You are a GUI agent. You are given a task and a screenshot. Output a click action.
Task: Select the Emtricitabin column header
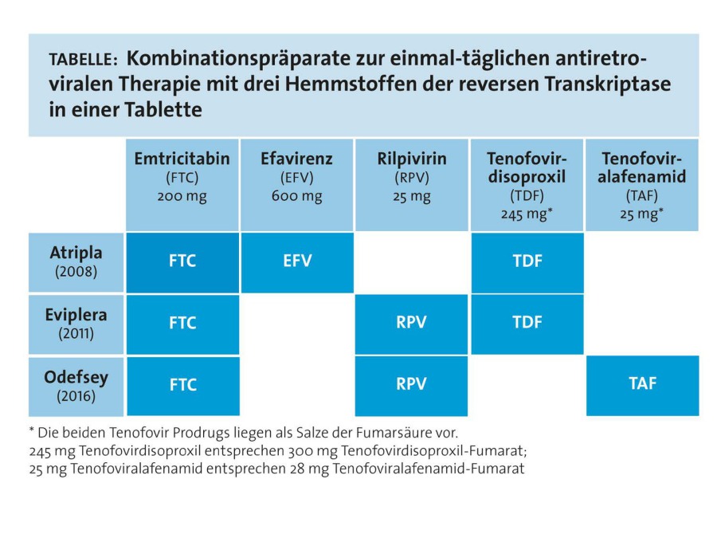click(x=182, y=184)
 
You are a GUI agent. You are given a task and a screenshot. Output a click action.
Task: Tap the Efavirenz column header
click(x=296, y=184)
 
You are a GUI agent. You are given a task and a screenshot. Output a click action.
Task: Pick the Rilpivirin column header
click(x=411, y=184)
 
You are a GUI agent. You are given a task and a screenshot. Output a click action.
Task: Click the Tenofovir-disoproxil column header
click(x=526, y=184)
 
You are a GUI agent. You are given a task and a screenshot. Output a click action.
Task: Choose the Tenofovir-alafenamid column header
click(x=642, y=184)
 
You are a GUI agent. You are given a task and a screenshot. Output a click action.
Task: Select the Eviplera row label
click(x=76, y=324)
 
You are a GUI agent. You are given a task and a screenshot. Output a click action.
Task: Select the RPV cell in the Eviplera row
click(x=411, y=324)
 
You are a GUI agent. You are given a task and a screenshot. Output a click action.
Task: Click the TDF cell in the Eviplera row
click(x=526, y=324)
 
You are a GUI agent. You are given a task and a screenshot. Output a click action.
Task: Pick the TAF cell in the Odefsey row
click(x=642, y=385)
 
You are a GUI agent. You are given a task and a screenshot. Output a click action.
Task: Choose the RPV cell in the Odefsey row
click(x=411, y=385)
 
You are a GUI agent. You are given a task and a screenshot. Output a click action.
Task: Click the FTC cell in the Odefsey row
click(x=182, y=385)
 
